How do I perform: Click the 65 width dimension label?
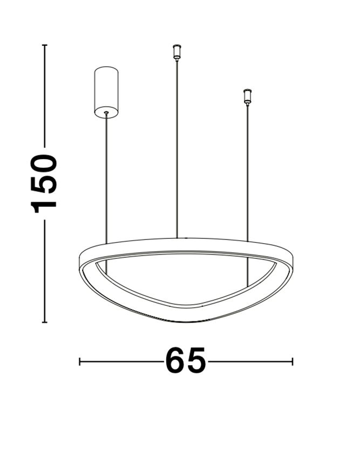click(186, 361)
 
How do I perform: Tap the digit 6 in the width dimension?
click(175, 361)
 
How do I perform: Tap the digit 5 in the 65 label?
click(196, 361)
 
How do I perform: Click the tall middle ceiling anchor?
click(176, 52)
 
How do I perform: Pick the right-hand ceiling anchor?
click(248, 96)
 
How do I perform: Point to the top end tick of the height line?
click(45, 45)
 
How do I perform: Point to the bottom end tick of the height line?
click(45, 322)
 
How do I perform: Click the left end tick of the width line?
click(80, 361)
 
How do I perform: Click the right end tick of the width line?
click(292, 361)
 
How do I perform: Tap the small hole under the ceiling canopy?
click(106, 113)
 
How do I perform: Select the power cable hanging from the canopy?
click(106, 178)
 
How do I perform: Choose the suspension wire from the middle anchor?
click(176, 151)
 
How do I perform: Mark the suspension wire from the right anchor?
click(248, 173)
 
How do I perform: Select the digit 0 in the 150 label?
click(45, 163)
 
